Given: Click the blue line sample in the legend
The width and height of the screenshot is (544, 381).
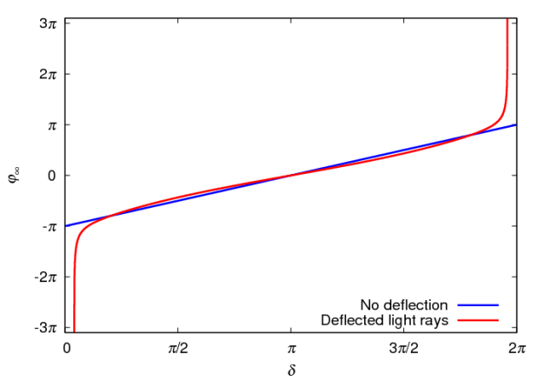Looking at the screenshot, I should point(477,304).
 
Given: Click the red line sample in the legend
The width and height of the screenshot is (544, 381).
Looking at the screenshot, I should point(477,320).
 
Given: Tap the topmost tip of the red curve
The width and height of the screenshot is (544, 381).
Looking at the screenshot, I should point(507,20).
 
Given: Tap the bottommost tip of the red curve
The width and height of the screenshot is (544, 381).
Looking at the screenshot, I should point(74,330).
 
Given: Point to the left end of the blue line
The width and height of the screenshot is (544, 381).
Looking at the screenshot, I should point(67,226).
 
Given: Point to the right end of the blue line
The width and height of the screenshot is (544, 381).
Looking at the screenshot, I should point(515,124).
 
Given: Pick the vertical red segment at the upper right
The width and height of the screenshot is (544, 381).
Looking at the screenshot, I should point(507,60).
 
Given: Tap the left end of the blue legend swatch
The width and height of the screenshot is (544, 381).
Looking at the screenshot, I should point(459,304).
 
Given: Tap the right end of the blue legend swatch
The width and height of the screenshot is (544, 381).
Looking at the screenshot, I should point(498,304).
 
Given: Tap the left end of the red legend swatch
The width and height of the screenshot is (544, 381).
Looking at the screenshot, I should point(459,320).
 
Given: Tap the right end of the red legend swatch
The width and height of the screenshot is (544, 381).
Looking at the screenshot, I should point(498,320).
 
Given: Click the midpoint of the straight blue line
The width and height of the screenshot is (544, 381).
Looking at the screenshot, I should point(291,176).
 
